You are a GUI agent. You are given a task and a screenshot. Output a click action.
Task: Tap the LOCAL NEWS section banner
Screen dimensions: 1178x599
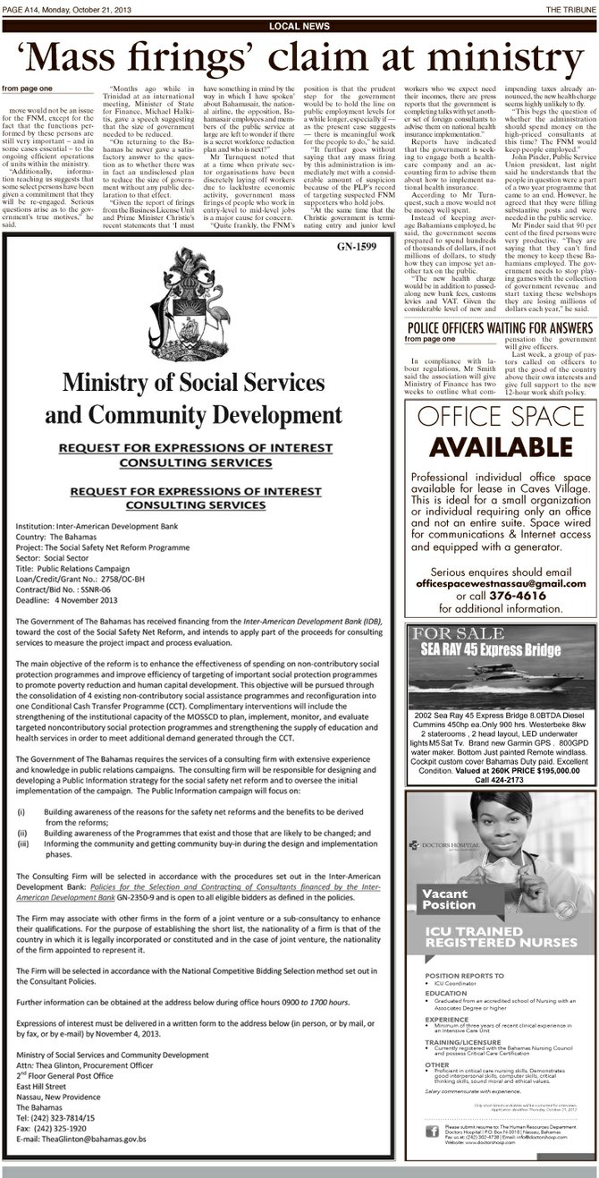click(x=299, y=27)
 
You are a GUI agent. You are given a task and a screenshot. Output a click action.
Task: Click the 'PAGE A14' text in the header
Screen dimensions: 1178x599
click(x=25, y=7)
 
